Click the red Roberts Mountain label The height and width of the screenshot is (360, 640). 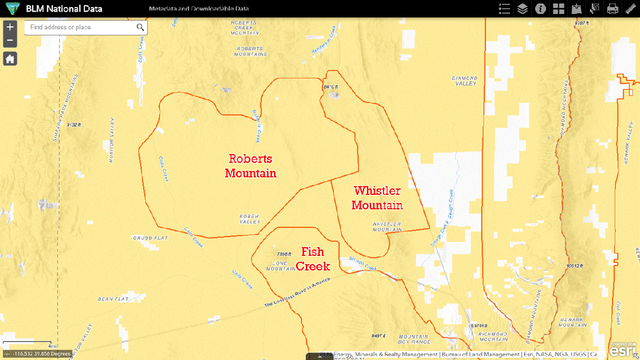(251, 166)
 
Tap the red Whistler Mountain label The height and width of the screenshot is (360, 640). (377, 198)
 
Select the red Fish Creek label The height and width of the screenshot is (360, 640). (313, 259)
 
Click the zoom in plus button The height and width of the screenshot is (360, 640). (10, 27)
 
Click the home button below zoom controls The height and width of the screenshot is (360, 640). (10, 59)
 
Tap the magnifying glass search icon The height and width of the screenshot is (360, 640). (140, 27)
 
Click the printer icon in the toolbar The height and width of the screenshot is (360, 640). (613, 9)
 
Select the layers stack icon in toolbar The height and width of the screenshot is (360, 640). (522, 9)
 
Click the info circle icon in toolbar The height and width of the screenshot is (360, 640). (541, 9)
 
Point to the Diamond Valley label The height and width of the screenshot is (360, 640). (464, 80)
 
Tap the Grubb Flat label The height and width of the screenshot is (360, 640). (150, 238)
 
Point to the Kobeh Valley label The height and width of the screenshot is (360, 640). (250, 219)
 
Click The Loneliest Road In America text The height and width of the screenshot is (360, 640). (297, 293)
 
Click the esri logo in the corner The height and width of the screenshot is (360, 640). (622, 350)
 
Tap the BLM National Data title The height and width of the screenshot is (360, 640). (64, 9)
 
